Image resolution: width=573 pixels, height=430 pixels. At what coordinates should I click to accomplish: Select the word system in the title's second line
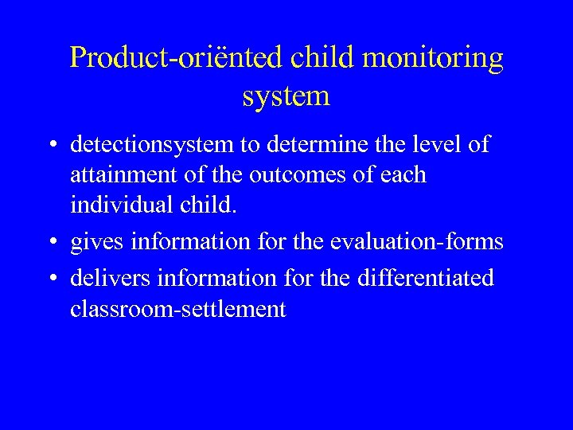tap(286, 96)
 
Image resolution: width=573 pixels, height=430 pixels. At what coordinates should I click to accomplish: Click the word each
tap(403, 174)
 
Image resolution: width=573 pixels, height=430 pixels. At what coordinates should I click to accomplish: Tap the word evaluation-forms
tap(427, 240)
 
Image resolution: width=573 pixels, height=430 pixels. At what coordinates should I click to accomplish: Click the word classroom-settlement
tap(177, 308)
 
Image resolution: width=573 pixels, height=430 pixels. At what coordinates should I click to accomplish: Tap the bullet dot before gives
tap(50, 241)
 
